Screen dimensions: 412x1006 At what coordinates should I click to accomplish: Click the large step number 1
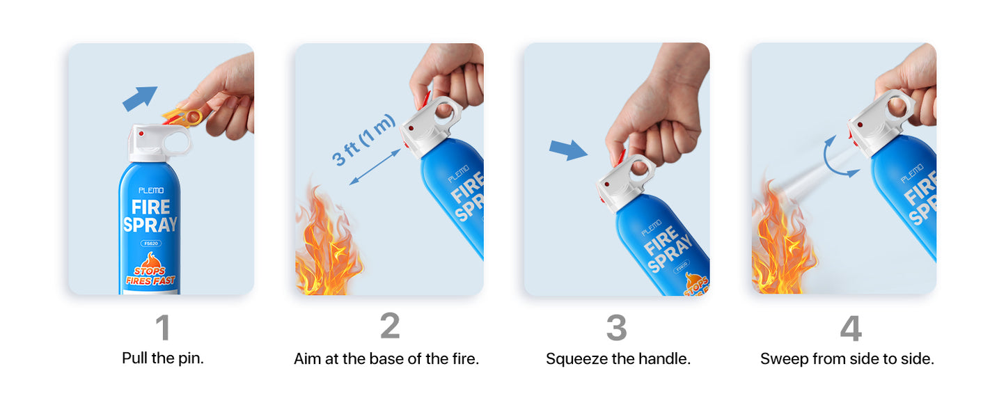coord(162,328)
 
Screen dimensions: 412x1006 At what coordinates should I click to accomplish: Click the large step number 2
coord(390,326)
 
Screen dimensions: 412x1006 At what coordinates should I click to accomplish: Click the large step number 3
coord(616,328)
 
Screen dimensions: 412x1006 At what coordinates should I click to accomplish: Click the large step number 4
coord(850,328)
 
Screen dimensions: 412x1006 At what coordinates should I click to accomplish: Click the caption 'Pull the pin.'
coord(163,359)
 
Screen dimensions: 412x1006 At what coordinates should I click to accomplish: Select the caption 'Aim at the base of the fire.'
coord(386,359)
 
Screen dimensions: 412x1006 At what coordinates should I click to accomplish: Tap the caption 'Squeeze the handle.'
coord(618,359)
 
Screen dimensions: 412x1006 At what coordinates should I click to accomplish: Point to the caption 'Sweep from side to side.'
coord(847,359)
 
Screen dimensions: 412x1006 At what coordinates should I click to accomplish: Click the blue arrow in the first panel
coord(140,98)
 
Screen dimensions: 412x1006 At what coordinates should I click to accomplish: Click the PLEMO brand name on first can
coord(150,190)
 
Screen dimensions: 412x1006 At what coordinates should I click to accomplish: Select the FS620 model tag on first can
coord(150,244)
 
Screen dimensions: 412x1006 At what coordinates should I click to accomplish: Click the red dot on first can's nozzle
coord(141,133)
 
